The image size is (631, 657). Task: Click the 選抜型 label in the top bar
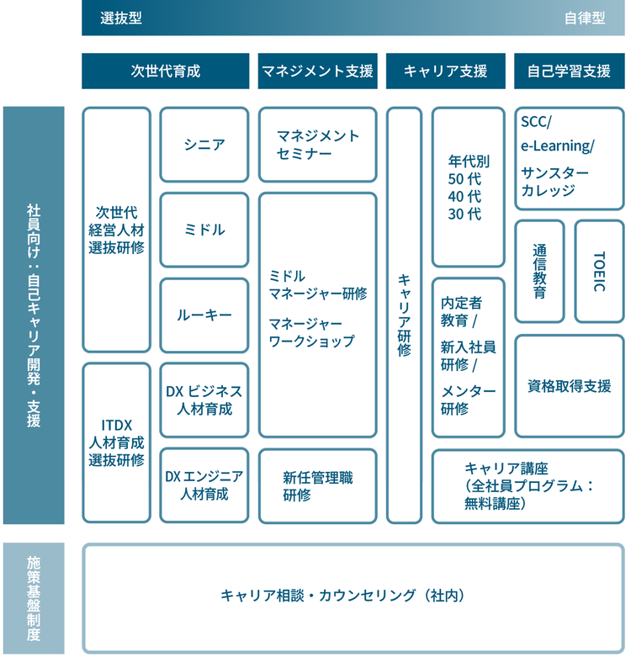pos(120,19)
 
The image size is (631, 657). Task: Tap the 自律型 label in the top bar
pos(585,19)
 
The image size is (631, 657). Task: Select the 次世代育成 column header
pos(166,72)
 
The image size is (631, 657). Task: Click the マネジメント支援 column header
pos(317,72)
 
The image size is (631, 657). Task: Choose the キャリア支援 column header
pos(445,72)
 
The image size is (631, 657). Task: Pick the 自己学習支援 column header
pos(569,72)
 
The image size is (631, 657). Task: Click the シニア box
pos(204,145)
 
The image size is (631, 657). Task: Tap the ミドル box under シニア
pos(204,230)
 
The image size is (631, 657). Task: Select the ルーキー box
pos(204,315)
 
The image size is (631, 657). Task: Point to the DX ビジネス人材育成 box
pos(204,400)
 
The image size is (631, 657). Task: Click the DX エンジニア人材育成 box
pos(204,485)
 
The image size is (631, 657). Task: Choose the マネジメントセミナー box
pos(317,145)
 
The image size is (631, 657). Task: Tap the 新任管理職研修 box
pos(317,485)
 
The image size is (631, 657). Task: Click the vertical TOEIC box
pos(599,272)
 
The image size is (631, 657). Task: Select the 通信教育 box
pos(539,272)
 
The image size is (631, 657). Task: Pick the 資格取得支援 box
pos(569,386)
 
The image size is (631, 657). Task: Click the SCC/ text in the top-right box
pos(536,123)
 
